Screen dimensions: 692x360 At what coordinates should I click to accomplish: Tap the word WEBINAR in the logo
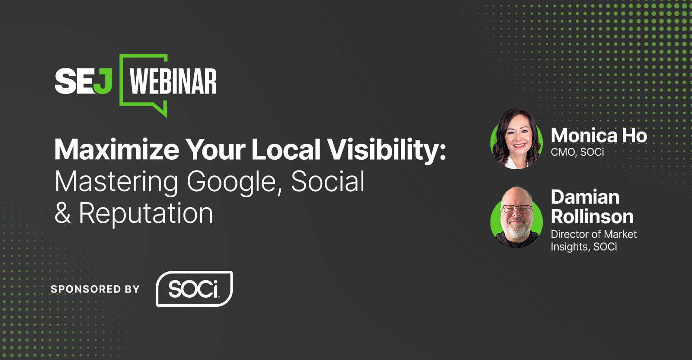(173, 81)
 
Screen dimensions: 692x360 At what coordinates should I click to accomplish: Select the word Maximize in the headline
(117, 150)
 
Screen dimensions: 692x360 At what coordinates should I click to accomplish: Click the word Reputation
(146, 214)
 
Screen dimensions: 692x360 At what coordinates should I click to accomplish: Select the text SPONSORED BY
(95, 289)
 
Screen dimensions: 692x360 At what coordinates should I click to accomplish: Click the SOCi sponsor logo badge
(194, 289)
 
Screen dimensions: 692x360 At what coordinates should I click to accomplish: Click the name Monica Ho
(599, 136)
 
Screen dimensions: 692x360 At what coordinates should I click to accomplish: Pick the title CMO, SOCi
(577, 152)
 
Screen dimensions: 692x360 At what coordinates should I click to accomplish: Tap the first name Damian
(585, 197)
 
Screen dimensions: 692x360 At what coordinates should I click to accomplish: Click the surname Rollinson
(592, 216)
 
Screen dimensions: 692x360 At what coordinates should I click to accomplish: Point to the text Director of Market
(594, 234)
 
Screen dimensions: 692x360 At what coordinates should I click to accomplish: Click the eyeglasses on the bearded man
(516, 209)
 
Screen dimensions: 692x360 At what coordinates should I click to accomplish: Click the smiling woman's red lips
(519, 145)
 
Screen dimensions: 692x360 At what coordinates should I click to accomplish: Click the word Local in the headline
(286, 150)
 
